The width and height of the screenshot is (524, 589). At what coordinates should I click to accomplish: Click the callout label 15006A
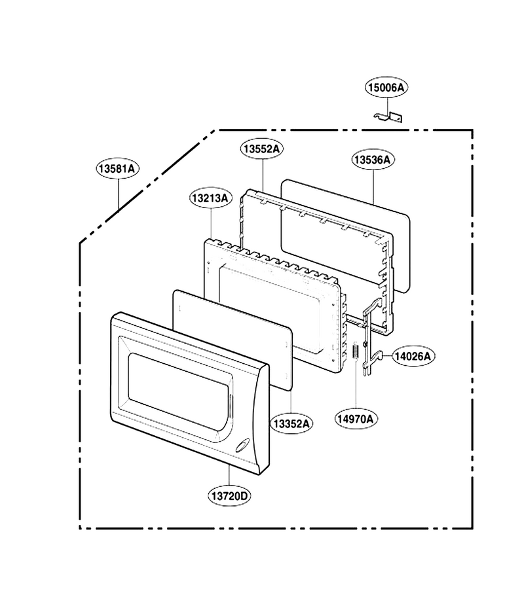pyautogui.click(x=386, y=88)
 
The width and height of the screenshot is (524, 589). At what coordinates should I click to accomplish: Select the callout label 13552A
pyautogui.click(x=261, y=149)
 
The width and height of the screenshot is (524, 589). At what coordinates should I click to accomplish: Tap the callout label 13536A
pyautogui.click(x=373, y=160)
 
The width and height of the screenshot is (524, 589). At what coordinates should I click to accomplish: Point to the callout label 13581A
pyautogui.click(x=117, y=169)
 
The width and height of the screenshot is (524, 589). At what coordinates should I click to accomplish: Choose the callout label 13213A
pyautogui.click(x=210, y=198)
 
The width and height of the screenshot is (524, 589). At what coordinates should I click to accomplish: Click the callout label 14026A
pyautogui.click(x=413, y=356)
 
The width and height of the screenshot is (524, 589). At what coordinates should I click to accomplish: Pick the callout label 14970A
pyautogui.click(x=356, y=419)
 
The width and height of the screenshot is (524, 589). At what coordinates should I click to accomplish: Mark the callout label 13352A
pyautogui.click(x=291, y=424)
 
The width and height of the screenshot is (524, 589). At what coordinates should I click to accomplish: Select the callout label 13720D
pyautogui.click(x=229, y=496)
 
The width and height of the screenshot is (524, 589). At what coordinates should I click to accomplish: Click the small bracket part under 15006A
pyautogui.click(x=388, y=117)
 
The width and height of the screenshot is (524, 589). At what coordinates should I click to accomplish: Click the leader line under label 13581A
pyautogui.click(x=119, y=194)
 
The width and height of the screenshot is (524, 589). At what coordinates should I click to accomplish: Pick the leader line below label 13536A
pyautogui.click(x=373, y=187)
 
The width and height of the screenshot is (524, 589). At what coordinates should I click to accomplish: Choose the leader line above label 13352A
pyautogui.click(x=291, y=402)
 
